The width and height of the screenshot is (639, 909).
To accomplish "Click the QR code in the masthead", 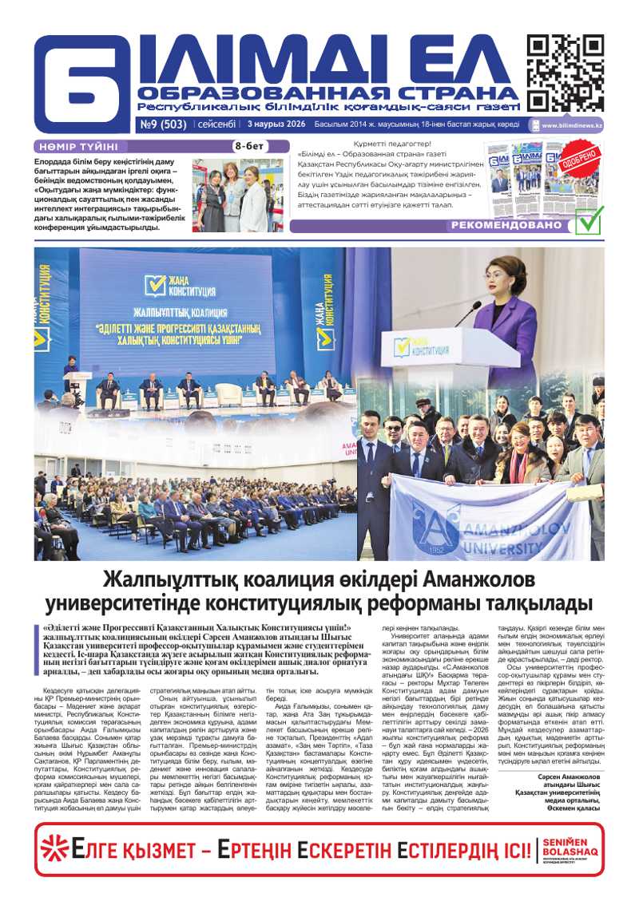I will point(565,73).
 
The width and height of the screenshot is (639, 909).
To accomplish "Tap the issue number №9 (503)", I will point(163,124).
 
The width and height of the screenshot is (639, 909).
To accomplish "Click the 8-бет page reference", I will point(248,146).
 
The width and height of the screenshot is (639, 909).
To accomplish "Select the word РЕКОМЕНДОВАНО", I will point(506,226).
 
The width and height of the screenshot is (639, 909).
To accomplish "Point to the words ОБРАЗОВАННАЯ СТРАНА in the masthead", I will point(327,93).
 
